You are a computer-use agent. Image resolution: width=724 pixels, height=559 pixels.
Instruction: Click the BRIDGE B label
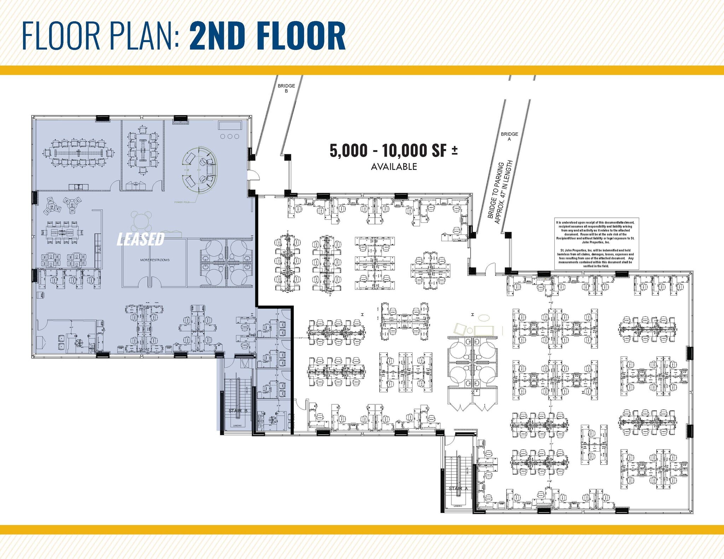[x=286, y=88]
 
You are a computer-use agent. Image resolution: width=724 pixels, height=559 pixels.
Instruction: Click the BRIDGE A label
[x=509, y=136]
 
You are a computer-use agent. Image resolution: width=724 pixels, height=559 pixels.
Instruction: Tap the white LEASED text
[x=141, y=239]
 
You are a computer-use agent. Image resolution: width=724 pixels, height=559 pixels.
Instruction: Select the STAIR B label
[x=238, y=411]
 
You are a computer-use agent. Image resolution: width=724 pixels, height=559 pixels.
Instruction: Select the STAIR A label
[x=458, y=488]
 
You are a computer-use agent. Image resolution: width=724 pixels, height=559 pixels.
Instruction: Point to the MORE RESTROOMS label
[x=155, y=260]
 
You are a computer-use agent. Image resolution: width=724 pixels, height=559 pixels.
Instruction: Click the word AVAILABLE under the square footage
[x=394, y=167]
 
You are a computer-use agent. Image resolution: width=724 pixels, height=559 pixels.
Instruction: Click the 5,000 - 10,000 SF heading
[x=393, y=151]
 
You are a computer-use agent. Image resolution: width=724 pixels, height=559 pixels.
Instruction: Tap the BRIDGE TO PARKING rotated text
[x=500, y=192]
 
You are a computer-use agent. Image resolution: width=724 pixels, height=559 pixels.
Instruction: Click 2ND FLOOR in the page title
[x=267, y=36]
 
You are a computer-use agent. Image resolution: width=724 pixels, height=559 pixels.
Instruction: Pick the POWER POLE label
[x=182, y=202]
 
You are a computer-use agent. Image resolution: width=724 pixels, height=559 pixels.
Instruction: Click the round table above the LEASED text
[x=141, y=221]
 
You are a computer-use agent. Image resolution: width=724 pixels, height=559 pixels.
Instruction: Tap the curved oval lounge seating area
[x=200, y=170]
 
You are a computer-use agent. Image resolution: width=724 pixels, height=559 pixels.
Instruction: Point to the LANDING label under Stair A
[x=457, y=506]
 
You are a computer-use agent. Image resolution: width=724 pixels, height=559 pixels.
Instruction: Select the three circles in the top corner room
[x=230, y=136]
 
